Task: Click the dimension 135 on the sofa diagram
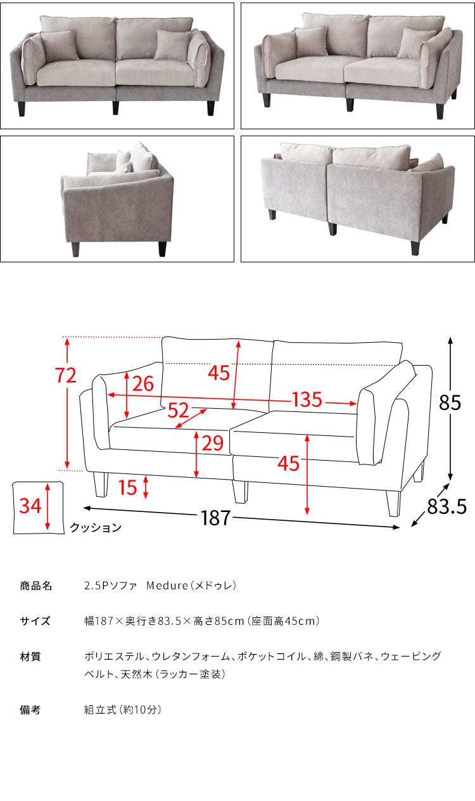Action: (307, 400)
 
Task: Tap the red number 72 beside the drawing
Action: (66, 376)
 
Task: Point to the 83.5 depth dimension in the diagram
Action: (447, 506)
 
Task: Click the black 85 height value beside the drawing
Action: (450, 404)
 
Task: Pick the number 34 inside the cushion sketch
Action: (30, 506)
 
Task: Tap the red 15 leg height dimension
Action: (127, 487)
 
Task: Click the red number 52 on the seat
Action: (178, 411)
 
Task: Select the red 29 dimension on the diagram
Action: (212, 443)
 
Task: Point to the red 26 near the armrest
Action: (143, 383)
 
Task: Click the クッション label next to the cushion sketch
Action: (95, 527)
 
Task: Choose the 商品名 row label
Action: (35, 586)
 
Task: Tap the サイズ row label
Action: (35, 621)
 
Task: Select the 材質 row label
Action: (30, 657)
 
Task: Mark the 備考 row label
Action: (30, 710)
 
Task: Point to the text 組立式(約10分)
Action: (123, 710)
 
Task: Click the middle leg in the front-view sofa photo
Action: (115, 106)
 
